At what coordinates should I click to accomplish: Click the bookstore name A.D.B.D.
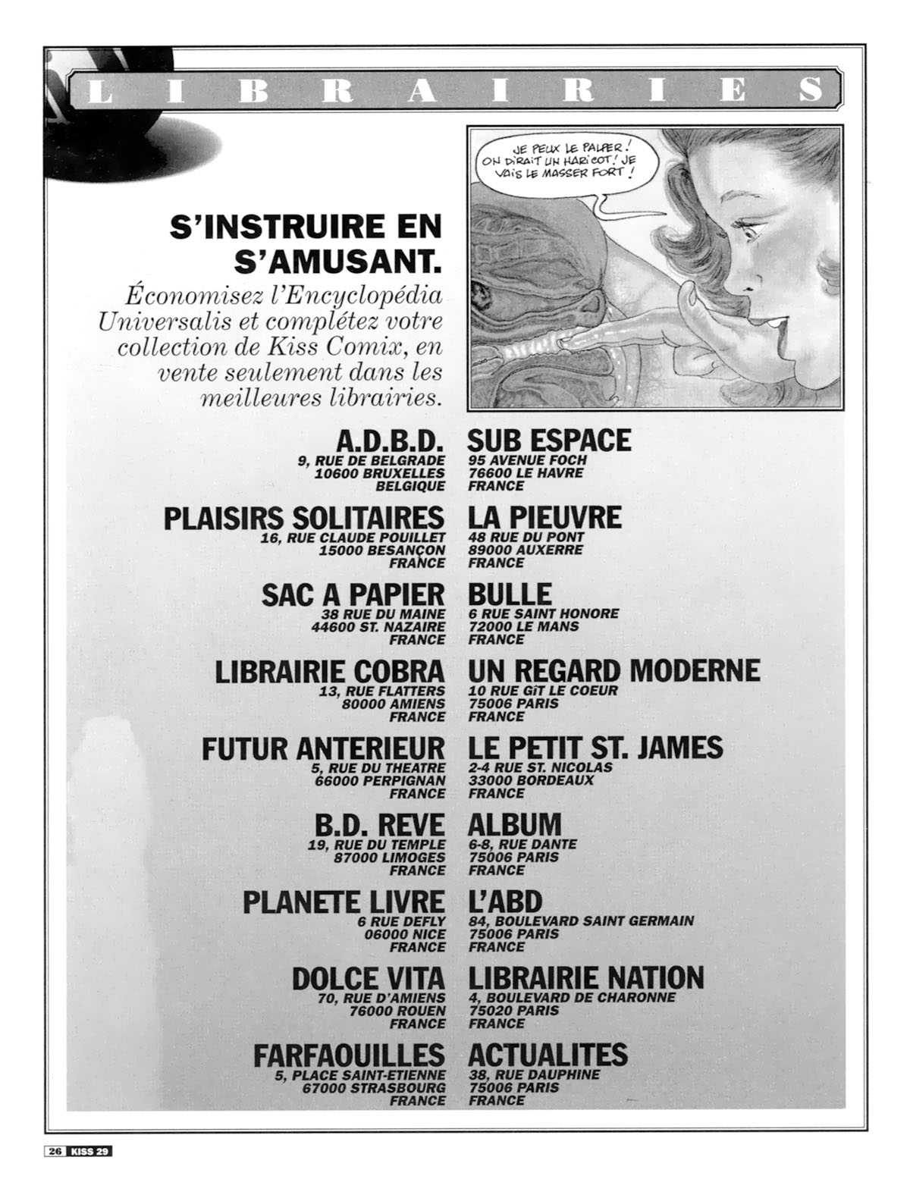pyautogui.click(x=389, y=441)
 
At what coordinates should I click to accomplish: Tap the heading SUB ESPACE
pyautogui.click(x=549, y=441)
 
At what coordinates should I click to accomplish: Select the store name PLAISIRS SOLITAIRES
pyautogui.click(x=303, y=519)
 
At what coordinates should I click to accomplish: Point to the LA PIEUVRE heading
pyautogui.click(x=544, y=519)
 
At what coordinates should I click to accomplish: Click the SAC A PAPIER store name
pyautogui.click(x=353, y=595)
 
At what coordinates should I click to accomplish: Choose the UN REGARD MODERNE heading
pyautogui.click(x=613, y=672)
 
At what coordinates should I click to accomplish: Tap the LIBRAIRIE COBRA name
pyautogui.click(x=330, y=673)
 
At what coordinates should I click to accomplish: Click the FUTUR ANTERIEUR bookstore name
pyautogui.click(x=323, y=749)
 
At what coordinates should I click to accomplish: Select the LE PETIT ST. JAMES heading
pyautogui.click(x=595, y=749)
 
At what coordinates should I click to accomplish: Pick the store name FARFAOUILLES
pyautogui.click(x=349, y=1055)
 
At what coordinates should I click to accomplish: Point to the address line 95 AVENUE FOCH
pyautogui.click(x=528, y=460)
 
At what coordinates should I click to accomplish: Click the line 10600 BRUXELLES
pyautogui.click(x=380, y=473)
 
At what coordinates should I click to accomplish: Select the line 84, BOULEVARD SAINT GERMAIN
pyautogui.click(x=581, y=921)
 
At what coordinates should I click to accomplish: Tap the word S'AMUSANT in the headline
pyautogui.click(x=338, y=262)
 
